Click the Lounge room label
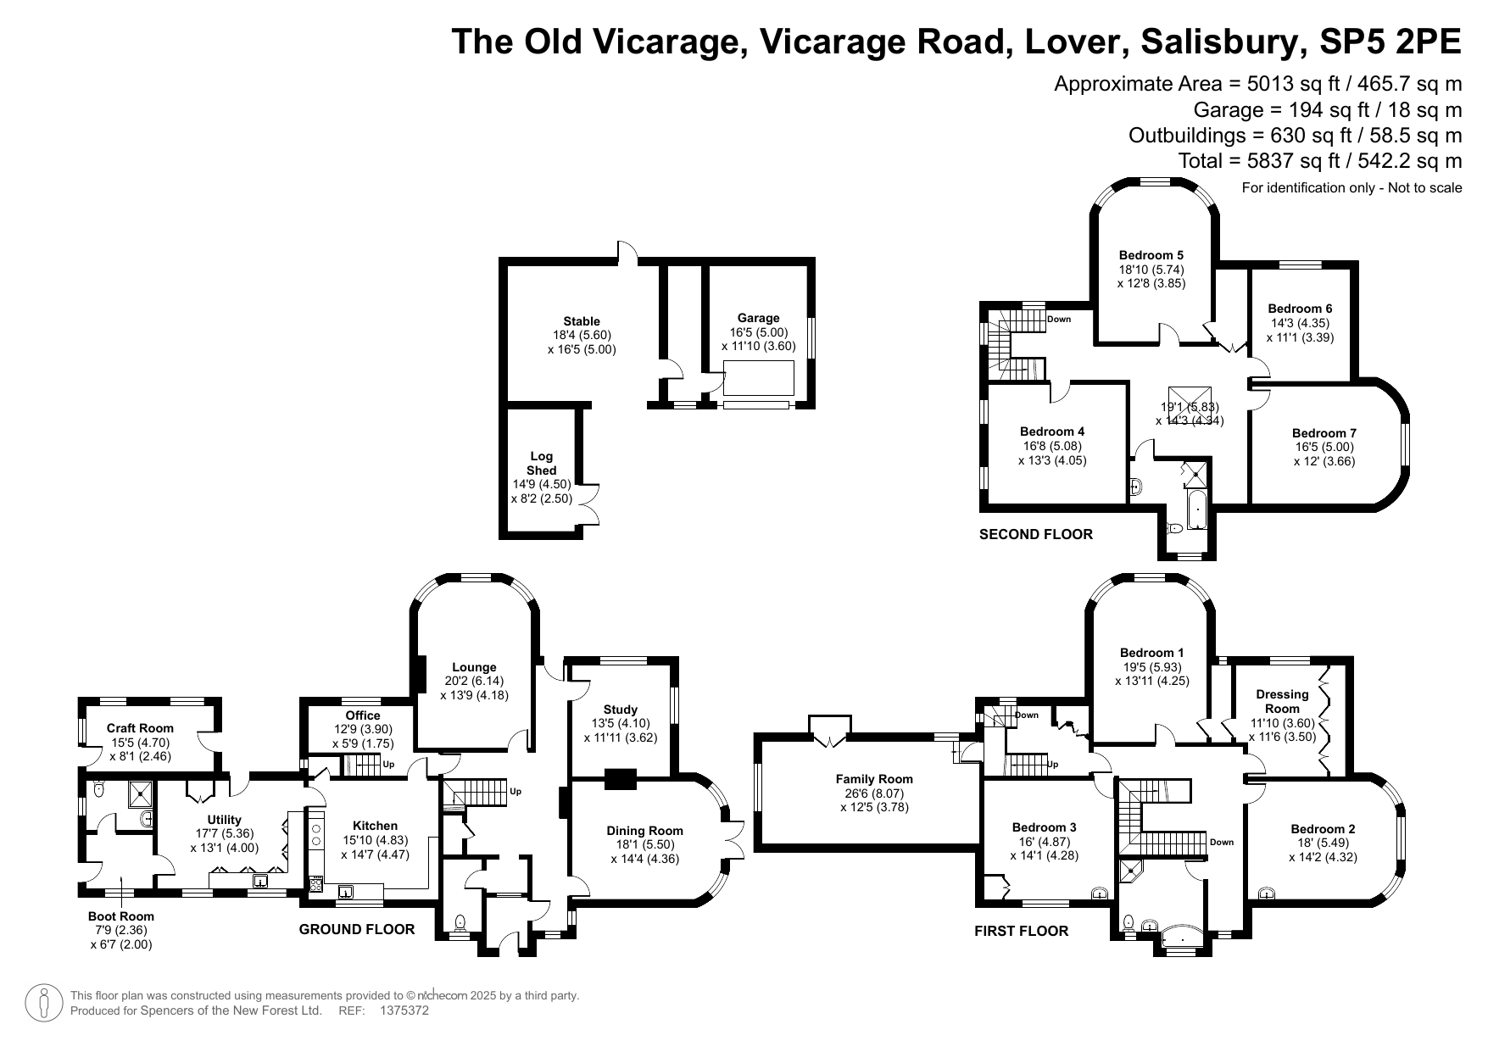tap(474, 667)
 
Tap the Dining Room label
tap(644, 831)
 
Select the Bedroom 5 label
tap(1151, 255)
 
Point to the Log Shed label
tap(542, 464)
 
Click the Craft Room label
tap(140, 728)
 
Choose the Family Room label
tap(874, 779)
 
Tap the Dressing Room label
tap(1282, 701)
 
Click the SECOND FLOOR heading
tap(1036, 534)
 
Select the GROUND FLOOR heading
tap(357, 929)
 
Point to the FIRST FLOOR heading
tap(1021, 931)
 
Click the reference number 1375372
tap(405, 1010)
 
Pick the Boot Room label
tap(121, 916)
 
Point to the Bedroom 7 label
tap(1324, 433)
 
